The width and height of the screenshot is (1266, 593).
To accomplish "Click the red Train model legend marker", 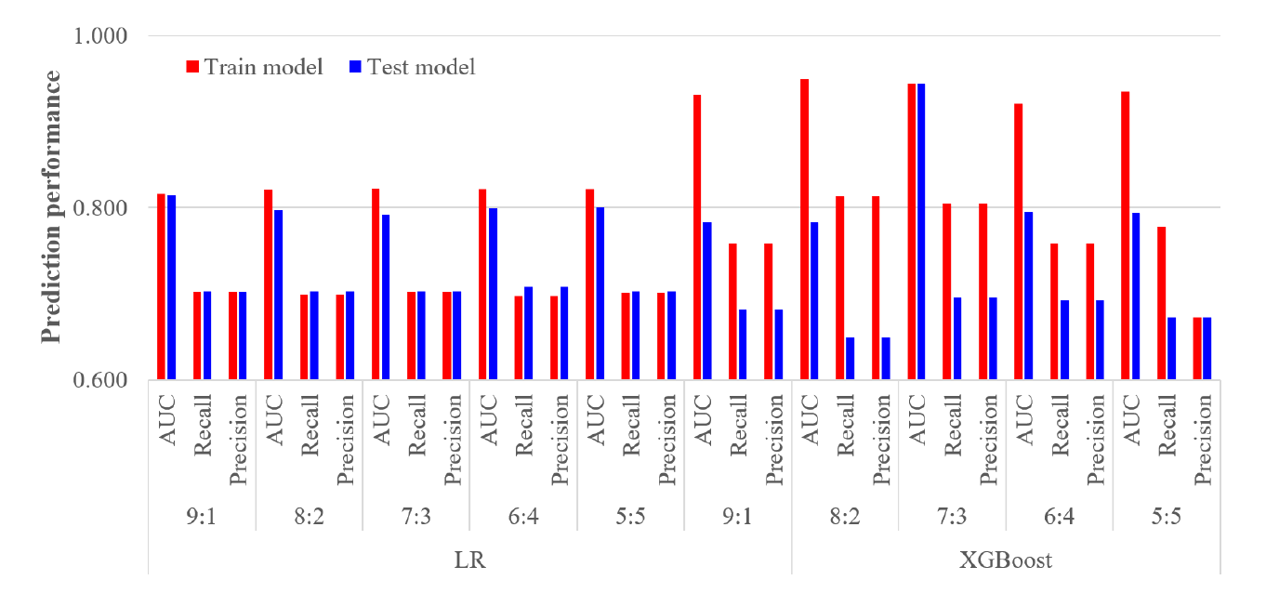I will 193,67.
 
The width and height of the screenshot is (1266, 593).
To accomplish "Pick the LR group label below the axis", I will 470,560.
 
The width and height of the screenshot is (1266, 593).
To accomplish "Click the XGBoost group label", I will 1007,560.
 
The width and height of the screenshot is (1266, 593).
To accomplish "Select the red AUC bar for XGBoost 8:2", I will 804,230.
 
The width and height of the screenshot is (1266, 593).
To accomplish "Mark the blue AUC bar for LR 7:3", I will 386,296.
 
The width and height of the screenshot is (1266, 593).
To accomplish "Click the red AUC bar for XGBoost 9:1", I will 697,237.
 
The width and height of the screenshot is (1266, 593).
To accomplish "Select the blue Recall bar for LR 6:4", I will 528,333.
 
